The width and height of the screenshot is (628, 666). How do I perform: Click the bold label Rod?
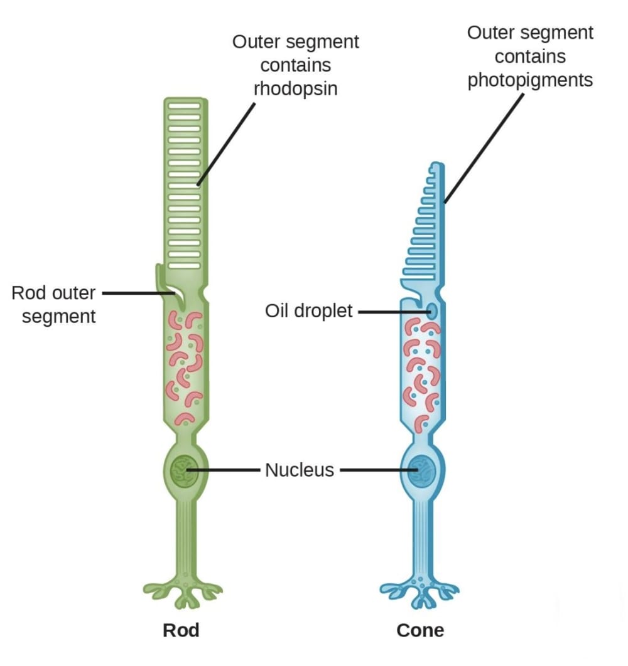click(181, 630)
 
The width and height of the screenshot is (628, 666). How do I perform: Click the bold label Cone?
click(420, 630)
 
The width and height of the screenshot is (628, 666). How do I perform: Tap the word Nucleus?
click(300, 470)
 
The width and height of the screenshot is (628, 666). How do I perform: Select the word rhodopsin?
click(295, 89)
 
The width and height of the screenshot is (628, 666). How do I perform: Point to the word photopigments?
click(530, 80)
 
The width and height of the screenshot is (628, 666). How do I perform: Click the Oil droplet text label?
click(309, 310)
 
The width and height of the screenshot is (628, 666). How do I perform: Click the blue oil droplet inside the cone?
click(433, 310)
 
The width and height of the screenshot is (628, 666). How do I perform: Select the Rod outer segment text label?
click(54, 304)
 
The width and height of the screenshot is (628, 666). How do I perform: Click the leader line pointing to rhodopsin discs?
click(226, 144)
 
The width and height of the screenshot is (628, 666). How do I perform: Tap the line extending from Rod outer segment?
click(135, 292)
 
